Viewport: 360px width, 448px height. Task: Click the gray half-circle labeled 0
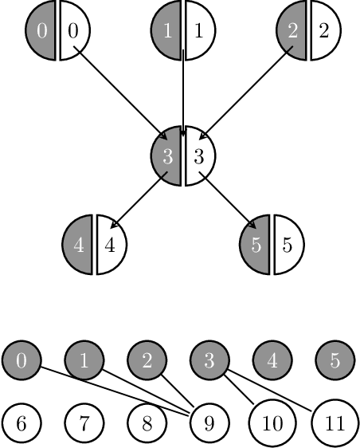coord(41,31)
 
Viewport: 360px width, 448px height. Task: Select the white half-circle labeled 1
coord(198,31)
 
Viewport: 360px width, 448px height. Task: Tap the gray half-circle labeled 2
coord(292,31)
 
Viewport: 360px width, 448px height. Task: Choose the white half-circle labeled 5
coord(287,245)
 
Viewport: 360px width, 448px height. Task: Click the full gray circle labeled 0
coord(22,360)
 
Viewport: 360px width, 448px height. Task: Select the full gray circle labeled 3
coord(209,360)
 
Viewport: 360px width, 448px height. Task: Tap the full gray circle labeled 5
coord(335,360)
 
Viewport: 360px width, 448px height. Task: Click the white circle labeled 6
coord(22,422)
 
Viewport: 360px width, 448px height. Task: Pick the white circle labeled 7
coord(84,422)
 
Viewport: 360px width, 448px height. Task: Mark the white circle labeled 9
coord(209,422)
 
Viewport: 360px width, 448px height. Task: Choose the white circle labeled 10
coord(272,422)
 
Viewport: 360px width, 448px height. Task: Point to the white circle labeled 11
coord(335,422)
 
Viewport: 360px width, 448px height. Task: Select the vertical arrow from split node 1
coord(184,88)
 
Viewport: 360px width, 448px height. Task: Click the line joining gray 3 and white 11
coord(271,392)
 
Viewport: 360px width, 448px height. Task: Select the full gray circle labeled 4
coord(272,360)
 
